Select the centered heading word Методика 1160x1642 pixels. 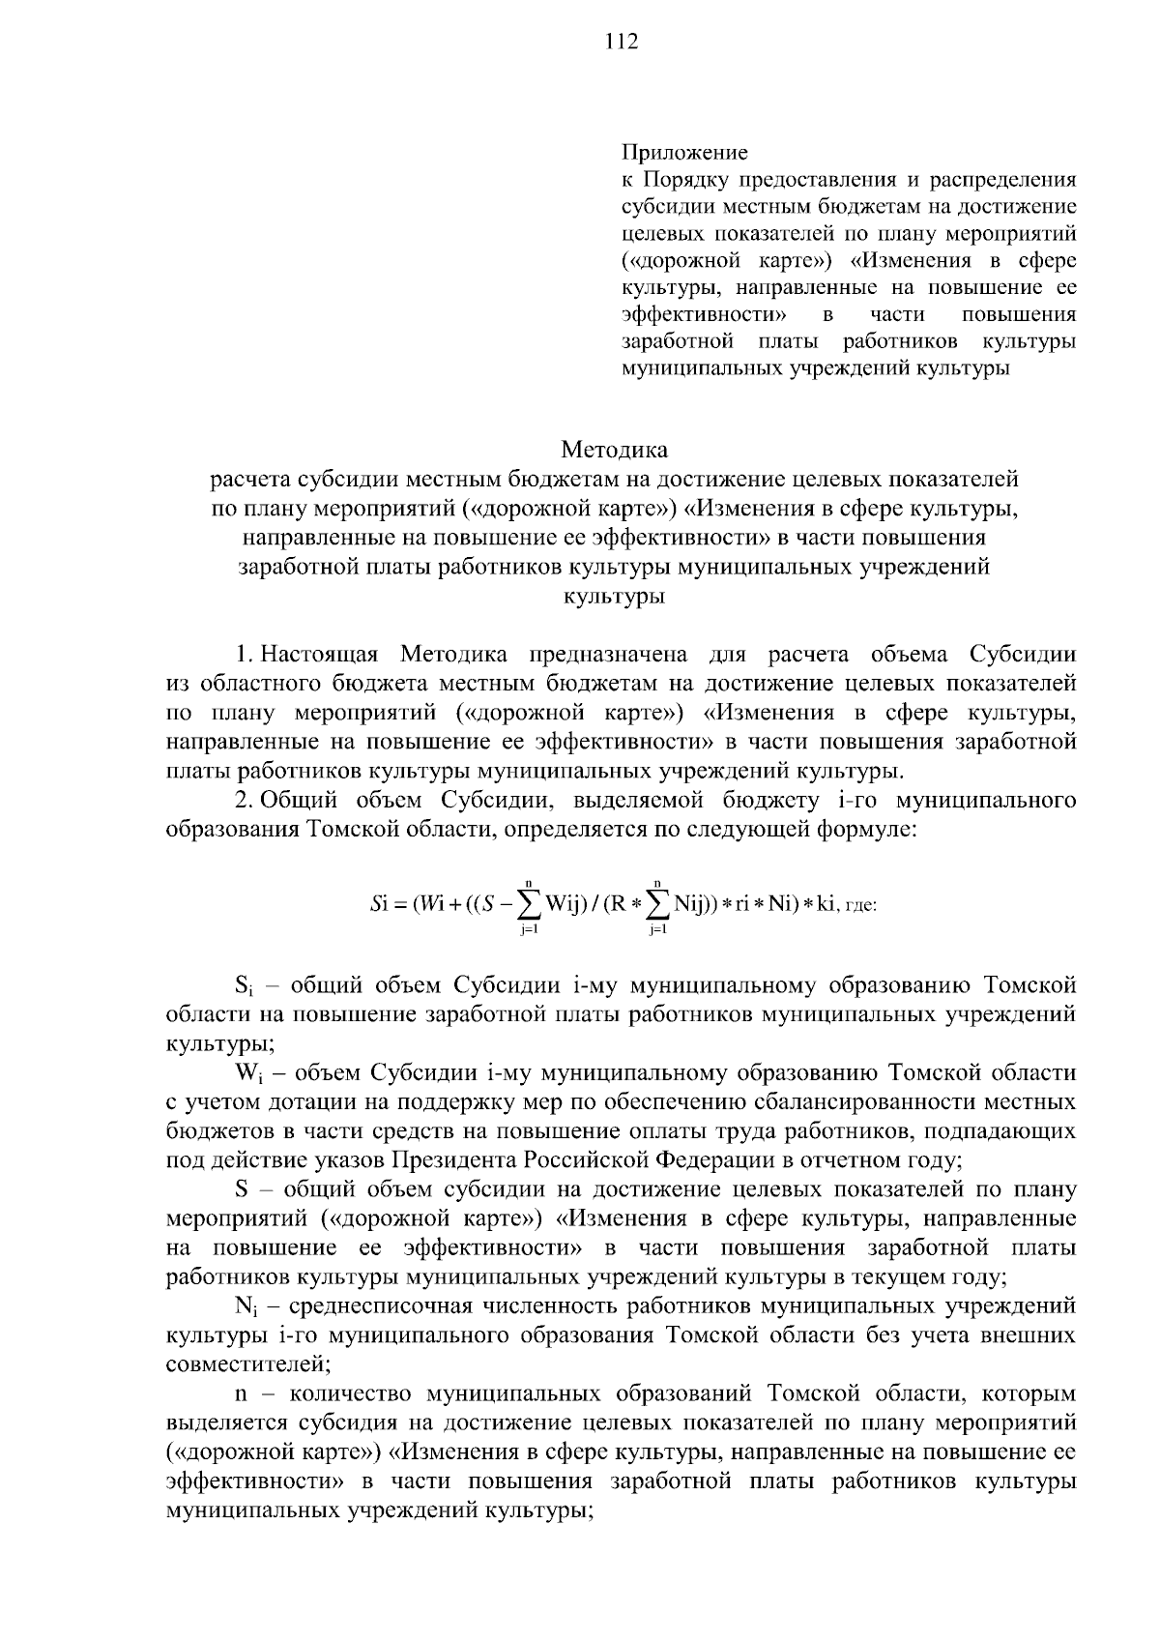614,450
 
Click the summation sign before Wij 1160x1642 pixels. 529,905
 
